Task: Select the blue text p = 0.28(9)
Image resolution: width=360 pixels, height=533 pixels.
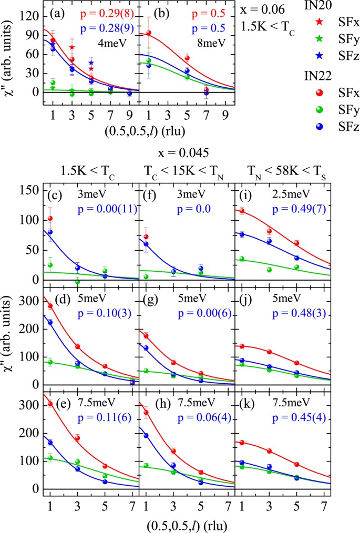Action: coord(108,25)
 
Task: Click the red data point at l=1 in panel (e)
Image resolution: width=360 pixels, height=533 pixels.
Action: coord(50,403)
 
